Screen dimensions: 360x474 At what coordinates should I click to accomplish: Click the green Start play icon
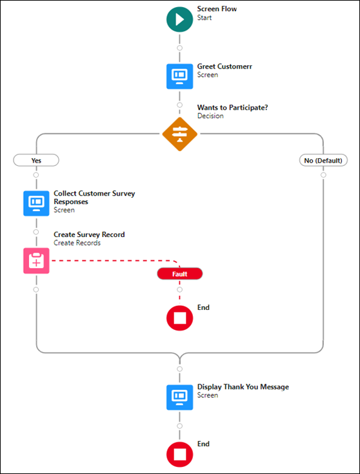(180, 19)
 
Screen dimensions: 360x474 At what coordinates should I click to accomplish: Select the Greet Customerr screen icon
(180, 76)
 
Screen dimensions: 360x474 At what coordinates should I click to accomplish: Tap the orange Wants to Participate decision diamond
(180, 134)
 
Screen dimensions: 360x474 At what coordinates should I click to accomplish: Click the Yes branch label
(36, 160)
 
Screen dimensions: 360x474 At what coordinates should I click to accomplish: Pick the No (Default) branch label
(323, 160)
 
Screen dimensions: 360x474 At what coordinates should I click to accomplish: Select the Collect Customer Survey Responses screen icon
(36, 203)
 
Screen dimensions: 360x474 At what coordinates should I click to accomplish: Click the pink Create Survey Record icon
(36, 261)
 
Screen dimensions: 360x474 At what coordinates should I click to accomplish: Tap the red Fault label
(180, 274)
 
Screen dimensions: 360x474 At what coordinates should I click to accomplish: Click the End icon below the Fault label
(180, 318)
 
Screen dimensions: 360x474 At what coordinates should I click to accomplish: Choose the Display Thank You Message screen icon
(180, 397)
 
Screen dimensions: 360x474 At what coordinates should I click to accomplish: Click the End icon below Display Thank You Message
(180, 455)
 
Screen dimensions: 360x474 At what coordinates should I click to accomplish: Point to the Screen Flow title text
(217, 9)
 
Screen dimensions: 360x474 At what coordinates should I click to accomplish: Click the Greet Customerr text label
(225, 67)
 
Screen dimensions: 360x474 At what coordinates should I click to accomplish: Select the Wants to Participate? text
(232, 107)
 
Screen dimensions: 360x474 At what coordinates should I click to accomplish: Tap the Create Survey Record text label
(89, 234)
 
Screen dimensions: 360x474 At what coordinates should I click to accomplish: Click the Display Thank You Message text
(243, 387)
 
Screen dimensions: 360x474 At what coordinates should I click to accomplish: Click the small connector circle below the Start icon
(180, 48)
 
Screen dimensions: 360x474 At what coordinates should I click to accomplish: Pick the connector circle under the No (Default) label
(323, 175)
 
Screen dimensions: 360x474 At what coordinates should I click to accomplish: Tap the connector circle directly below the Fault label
(180, 289)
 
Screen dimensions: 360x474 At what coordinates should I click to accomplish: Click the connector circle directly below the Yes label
(36, 175)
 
